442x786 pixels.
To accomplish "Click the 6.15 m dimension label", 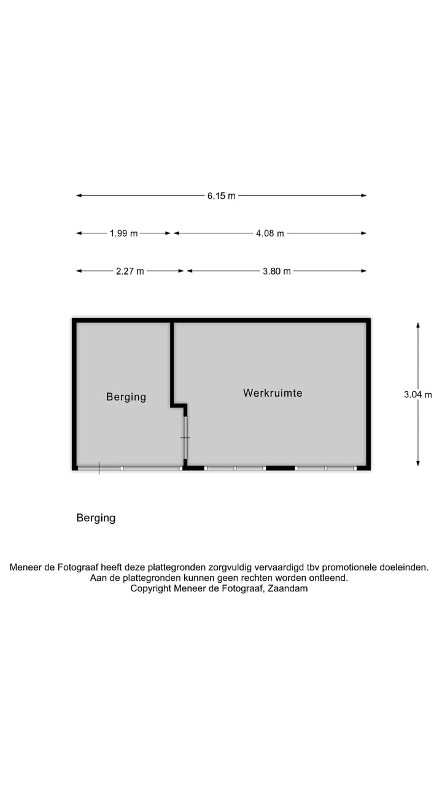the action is (x=221, y=196).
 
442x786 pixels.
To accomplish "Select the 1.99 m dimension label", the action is (x=123, y=233).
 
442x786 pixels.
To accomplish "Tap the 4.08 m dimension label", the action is (x=269, y=233).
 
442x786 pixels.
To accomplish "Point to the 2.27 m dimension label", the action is (x=130, y=271).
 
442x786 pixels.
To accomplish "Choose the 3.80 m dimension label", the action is (x=277, y=271).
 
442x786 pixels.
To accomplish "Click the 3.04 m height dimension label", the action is (x=418, y=394).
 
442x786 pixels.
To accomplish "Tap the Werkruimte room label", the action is (x=273, y=393).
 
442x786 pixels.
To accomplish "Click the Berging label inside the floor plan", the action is (x=126, y=397).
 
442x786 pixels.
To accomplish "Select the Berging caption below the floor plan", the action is (x=96, y=518).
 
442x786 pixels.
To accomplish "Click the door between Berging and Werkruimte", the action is (x=185, y=438).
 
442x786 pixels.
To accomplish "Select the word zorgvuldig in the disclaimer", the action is (x=230, y=567).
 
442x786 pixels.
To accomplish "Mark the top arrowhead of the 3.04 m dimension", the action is (x=418, y=325).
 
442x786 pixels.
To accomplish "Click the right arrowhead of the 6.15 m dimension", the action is (x=364, y=195).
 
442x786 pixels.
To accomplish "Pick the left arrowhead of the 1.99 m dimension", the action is (x=79, y=233).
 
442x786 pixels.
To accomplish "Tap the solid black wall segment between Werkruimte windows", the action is (x=280, y=468).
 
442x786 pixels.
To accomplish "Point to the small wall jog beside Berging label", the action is (x=179, y=406).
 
